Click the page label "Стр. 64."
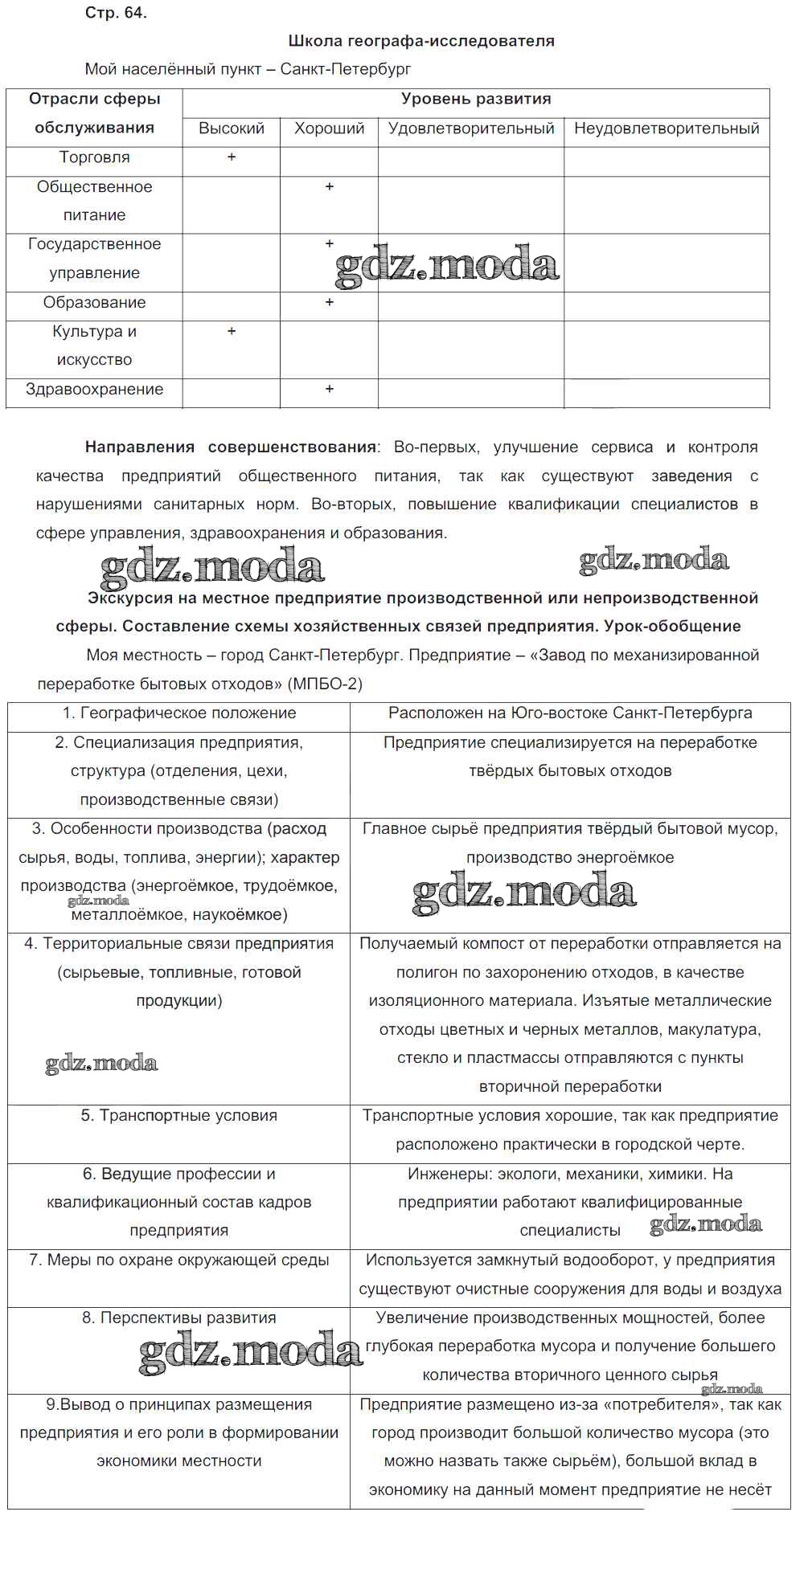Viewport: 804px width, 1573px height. click(x=116, y=13)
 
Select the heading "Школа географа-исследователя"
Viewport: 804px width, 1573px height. click(x=420, y=41)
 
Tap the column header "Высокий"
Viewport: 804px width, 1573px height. click(x=232, y=129)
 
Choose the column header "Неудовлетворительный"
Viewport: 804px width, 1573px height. click(x=667, y=129)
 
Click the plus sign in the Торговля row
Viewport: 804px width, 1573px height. click(x=232, y=157)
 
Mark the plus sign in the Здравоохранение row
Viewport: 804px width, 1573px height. click(x=329, y=390)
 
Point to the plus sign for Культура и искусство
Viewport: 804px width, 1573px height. click(x=232, y=331)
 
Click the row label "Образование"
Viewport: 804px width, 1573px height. click(x=95, y=303)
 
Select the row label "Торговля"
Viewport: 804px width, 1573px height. click(x=95, y=157)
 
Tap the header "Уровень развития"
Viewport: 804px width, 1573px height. click(x=476, y=100)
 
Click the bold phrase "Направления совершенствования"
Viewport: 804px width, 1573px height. click(x=231, y=447)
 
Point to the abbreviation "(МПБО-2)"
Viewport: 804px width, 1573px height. click(x=325, y=684)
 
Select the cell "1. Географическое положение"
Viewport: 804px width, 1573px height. click(x=179, y=713)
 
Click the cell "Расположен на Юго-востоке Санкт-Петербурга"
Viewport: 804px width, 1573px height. click(x=570, y=713)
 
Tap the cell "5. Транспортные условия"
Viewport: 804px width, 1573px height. click(x=179, y=1116)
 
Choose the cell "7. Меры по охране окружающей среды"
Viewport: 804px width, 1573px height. click(x=179, y=1260)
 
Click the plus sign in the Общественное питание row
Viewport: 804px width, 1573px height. click(x=329, y=187)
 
